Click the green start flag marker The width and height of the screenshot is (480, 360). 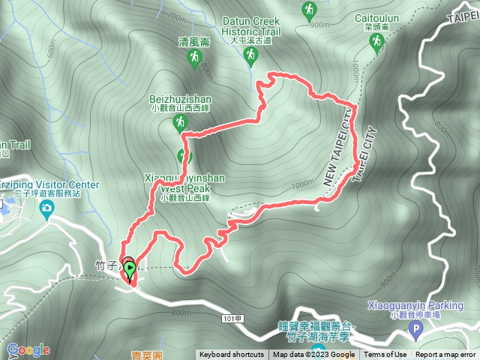point(130,269)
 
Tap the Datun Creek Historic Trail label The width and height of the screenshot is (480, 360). point(251,27)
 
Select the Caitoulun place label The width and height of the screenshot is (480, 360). point(374,16)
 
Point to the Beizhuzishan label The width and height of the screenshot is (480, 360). point(180,98)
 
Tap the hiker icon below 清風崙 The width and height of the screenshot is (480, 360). point(195,57)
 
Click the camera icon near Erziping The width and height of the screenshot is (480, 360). point(46,208)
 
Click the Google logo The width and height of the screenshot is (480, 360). point(28,349)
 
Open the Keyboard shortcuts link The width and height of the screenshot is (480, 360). point(232,355)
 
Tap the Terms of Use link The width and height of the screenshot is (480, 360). point(385,355)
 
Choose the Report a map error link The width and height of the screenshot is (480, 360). point(445,355)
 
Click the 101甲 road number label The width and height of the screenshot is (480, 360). point(232,319)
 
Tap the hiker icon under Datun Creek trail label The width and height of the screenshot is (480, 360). point(251,58)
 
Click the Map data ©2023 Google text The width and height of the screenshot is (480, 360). point(313,355)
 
